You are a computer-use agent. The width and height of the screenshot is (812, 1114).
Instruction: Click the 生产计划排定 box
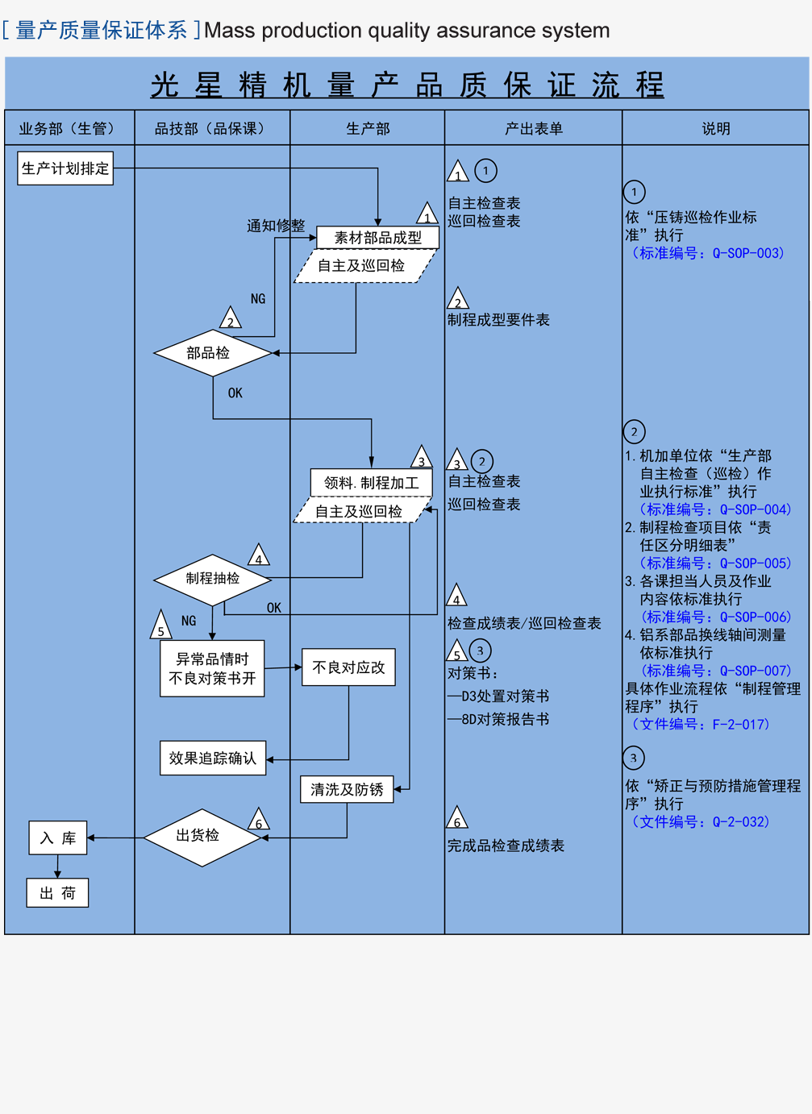click(65, 168)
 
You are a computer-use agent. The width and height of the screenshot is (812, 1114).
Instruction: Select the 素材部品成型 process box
click(378, 238)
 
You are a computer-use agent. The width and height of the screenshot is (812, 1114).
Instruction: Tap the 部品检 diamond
click(212, 353)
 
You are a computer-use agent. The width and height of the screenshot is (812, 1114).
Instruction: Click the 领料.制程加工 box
click(372, 483)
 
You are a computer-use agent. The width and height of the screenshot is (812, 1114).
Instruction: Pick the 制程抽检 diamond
click(212, 579)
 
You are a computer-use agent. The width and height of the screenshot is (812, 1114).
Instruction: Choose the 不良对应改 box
click(348, 667)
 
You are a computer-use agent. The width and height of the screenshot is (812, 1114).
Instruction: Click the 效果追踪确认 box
click(213, 759)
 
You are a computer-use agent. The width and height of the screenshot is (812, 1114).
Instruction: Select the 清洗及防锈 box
click(347, 789)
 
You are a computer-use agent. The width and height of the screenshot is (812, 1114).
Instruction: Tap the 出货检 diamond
click(202, 837)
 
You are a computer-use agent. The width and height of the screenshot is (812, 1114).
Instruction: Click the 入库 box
click(58, 838)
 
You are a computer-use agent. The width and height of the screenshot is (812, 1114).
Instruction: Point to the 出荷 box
click(58, 893)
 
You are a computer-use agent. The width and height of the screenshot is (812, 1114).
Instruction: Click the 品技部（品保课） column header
click(212, 128)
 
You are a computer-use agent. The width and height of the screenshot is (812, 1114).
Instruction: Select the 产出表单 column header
click(533, 128)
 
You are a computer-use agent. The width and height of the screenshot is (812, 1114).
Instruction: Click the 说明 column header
click(715, 128)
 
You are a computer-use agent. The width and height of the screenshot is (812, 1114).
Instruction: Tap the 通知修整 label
click(276, 226)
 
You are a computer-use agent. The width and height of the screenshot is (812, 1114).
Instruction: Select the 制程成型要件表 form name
click(499, 320)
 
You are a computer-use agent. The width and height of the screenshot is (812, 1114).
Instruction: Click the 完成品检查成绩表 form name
click(506, 846)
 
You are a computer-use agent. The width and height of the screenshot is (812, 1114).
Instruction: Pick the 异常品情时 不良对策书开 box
click(212, 669)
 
